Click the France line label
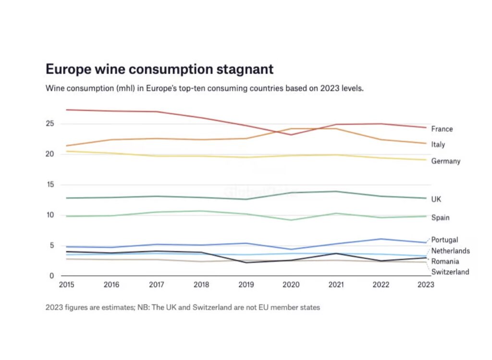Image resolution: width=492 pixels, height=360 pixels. (x=442, y=129)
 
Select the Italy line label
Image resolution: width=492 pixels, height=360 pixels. (x=438, y=144)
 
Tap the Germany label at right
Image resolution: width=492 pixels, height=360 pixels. (x=445, y=161)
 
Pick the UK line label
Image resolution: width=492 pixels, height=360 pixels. (x=436, y=199)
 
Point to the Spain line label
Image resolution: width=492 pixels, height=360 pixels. (x=440, y=218)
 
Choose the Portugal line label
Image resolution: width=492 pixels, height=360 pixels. (x=444, y=240)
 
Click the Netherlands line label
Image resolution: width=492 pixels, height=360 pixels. (x=450, y=251)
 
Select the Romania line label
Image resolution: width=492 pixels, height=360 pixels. (x=444, y=262)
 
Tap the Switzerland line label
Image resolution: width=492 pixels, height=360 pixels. (x=450, y=272)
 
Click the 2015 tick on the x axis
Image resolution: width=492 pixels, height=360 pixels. (x=66, y=285)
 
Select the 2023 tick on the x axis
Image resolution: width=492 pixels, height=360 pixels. (x=425, y=285)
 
